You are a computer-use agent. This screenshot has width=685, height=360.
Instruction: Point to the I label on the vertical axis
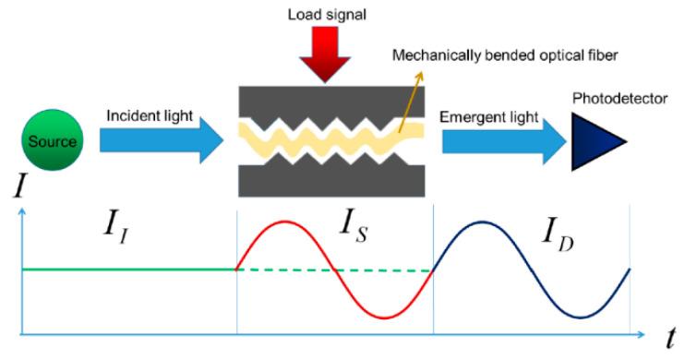pos(19,190)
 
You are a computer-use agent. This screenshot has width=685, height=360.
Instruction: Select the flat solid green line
pos(129,270)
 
